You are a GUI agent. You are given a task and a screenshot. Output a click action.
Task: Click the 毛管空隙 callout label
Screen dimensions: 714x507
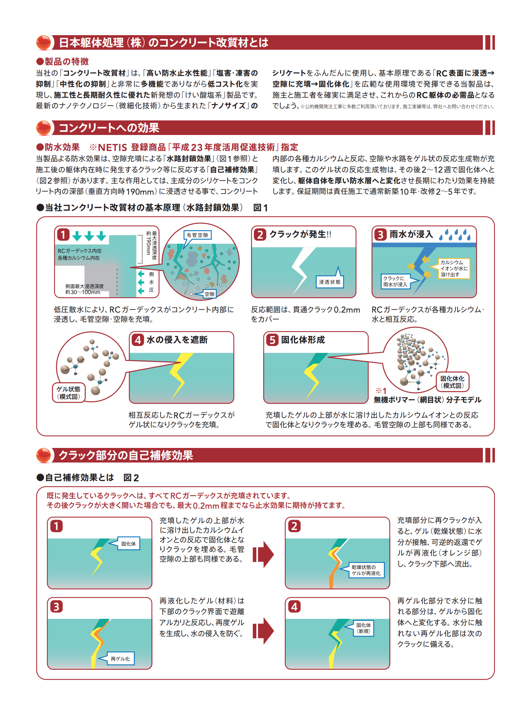(197, 235)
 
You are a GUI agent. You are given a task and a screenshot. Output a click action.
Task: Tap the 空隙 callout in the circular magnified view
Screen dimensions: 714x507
(209, 294)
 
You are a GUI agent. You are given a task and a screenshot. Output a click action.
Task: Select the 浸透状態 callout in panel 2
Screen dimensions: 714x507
(329, 282)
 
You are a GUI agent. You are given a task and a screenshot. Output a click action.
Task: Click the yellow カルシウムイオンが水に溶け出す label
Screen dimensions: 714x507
(454, 269)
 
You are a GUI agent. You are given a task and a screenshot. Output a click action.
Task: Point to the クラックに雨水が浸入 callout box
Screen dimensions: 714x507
(395, 281)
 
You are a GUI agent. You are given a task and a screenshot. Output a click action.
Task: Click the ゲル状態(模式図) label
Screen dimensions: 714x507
(69, 393)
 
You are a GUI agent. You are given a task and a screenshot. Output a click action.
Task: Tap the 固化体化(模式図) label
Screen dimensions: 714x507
(452, 382)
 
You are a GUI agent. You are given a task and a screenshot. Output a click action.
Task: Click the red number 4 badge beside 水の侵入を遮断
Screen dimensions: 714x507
(137, 340)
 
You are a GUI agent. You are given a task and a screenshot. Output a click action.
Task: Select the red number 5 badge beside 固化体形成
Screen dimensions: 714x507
(272, 340)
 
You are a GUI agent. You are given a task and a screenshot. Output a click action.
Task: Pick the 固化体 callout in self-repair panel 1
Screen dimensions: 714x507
(128, 544)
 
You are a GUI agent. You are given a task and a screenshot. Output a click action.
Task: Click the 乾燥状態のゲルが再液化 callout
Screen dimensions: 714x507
(366, 570)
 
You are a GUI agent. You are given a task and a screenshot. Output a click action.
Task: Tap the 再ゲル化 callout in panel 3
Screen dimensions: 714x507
(120, 659)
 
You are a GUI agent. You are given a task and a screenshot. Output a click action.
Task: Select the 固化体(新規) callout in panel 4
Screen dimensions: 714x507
(364, 628)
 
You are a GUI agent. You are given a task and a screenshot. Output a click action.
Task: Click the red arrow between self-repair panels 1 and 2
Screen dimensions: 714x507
(263, 554)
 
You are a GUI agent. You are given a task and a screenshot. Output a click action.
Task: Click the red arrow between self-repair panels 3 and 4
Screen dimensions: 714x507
(263, 631)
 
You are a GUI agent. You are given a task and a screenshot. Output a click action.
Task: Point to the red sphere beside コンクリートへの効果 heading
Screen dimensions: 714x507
(44, 128)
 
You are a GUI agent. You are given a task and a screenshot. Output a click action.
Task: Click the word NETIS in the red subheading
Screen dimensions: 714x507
(112, 147)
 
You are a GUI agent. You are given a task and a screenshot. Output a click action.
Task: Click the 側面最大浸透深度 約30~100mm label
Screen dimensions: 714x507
(84, 289)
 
